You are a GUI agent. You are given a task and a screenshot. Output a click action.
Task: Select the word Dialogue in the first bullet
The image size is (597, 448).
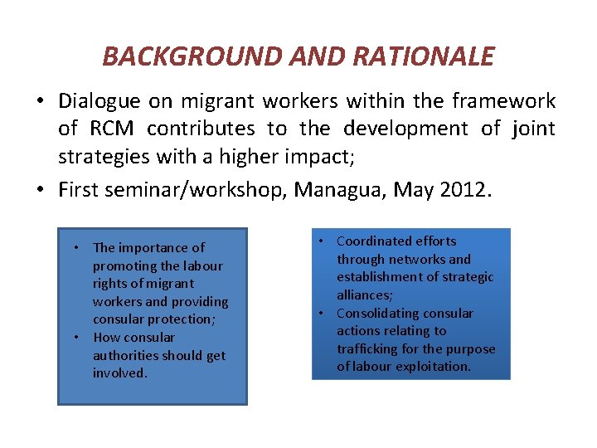click(x=99, y=101)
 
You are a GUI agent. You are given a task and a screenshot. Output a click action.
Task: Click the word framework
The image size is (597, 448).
click(x=503, y=101)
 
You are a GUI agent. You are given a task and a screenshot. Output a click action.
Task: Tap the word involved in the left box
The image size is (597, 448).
click(x=119, y=373)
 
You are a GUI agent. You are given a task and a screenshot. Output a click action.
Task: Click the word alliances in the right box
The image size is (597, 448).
click(x=363, y=295)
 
